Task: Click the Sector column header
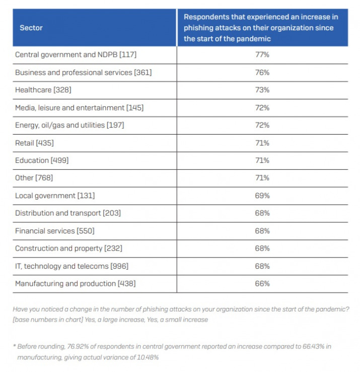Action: (x=31, y=28)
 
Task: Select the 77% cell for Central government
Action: (x=262, y=54)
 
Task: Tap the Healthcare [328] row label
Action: (x=43, y=90)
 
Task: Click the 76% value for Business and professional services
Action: (x=262, y=73)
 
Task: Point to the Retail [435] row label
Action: (x=34, y=143)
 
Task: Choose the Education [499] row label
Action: (x=42, y=160)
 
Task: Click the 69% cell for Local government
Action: (x=262, y=196)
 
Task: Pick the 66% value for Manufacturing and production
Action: (x=262, y=283)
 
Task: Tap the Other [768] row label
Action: (x=34, y=178)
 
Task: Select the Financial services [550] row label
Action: (x=55, y=231)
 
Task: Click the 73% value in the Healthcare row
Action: (x=262, y=90)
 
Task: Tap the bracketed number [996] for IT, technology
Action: (x=119, y=266)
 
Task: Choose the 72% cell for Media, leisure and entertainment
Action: (x=262, y=108)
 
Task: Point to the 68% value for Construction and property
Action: (x=262, y=249)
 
